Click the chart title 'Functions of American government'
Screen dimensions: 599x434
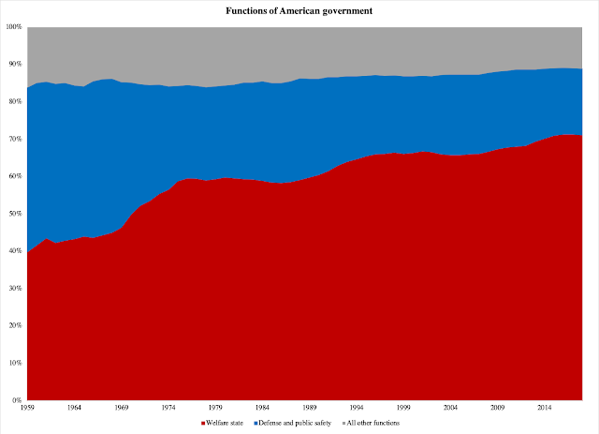[299, 11]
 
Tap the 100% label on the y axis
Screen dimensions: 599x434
[14, 27]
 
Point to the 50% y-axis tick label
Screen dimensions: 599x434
[16, 214]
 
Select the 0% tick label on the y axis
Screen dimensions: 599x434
[17, 400]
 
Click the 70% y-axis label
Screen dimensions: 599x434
[16, 139]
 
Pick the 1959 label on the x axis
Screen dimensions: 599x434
[27, 408]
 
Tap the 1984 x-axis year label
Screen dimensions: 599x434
[262, 408]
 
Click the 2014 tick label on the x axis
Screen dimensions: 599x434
[545, 408]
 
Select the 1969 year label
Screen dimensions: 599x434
[121, 408]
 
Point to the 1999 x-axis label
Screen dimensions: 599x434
[403, 408]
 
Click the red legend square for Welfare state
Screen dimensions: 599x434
[203, 424]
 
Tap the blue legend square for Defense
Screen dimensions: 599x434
[256, 424]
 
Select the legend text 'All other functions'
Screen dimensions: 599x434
[373, 423]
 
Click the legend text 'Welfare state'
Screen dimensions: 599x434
[225, 423]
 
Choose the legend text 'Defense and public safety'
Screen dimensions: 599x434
[295, 423]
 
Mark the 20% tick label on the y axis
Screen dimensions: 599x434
[16, 325]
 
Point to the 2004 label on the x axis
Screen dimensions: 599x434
[450, 408]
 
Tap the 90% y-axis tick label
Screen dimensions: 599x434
[16, 64]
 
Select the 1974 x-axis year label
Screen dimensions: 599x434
[168, 408]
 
